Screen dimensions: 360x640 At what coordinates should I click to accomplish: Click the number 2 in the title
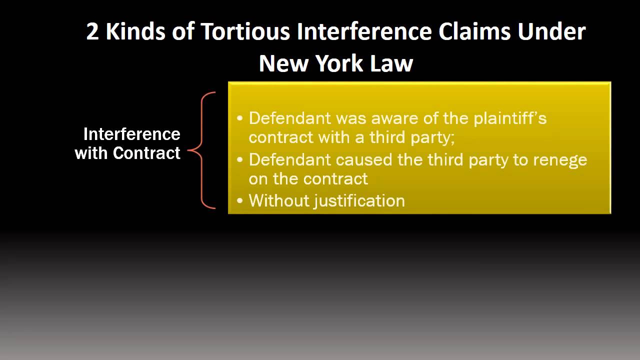tap(93, 32)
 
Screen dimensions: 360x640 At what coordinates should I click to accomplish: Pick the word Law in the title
tap(393, 63)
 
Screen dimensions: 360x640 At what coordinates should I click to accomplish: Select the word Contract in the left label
tap(146, 153)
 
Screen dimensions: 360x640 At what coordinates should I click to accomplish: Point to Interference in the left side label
tap(131, 134)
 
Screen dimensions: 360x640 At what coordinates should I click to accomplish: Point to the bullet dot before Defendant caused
tap(240, 160)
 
